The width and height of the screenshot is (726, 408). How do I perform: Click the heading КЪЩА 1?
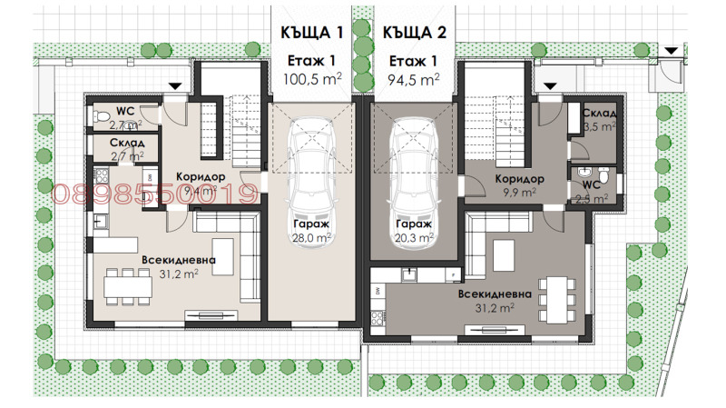coord(311,33)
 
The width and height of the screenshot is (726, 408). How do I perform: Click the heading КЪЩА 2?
coord(414,33)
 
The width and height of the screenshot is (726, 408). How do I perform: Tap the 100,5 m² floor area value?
coord(311,80)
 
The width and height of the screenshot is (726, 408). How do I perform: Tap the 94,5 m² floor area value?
coord(414,80)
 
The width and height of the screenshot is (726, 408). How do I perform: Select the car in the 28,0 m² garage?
coord(311,164)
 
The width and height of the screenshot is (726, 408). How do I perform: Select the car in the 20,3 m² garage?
coord(413,164)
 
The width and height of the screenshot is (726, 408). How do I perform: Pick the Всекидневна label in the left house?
coord(178,260)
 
